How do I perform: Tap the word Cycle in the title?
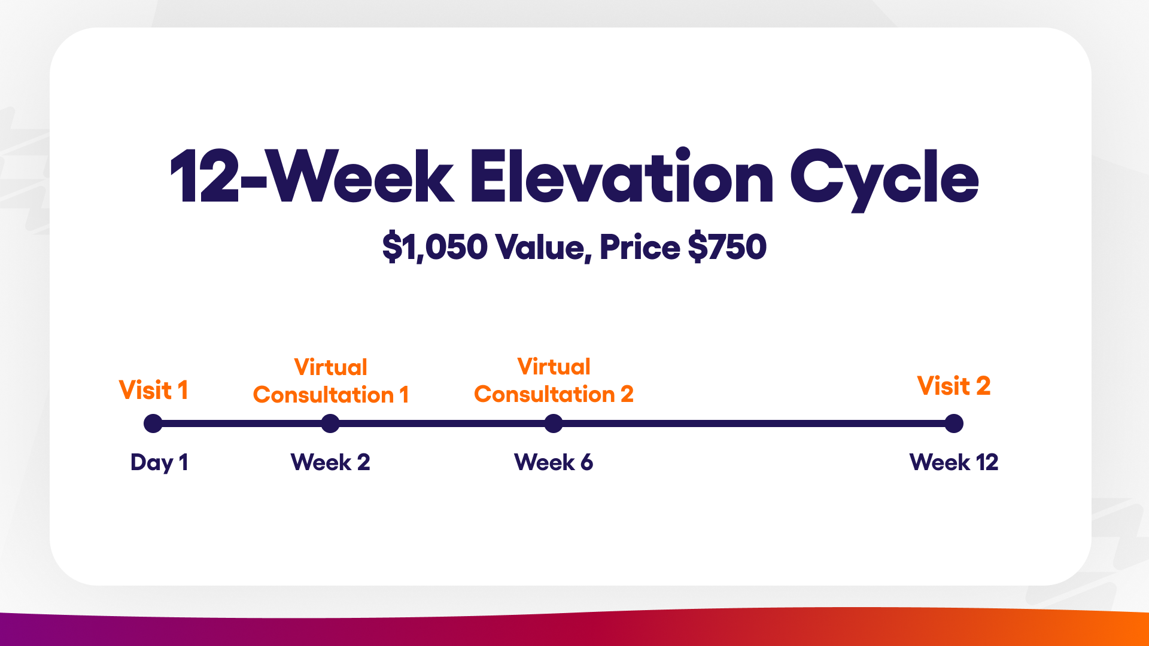(x=884, y=179)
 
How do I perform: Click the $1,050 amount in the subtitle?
(x=435, y=247)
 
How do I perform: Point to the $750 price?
(x=727, y=246)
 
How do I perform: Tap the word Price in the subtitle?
(x=640, y=246)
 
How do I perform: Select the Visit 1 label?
(x=154, y=390)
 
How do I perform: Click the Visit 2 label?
(x=954, y=386)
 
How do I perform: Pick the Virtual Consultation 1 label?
(x=331, y=381)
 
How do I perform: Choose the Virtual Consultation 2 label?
(x=554, y=380)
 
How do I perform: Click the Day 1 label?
(x=159, y=462)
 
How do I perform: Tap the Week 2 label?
(x=330, y=462)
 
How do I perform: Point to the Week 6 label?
(x=554, y=462)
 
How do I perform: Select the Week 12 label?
(x=954, y=462)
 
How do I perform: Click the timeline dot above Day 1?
(x=153, y=423)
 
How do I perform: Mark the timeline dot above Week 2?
(x=330, y=423)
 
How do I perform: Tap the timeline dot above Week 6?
(x=554, y=423)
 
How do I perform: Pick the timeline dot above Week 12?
(x=954, y=423)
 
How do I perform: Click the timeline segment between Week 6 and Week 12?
(x=754, y=423)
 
